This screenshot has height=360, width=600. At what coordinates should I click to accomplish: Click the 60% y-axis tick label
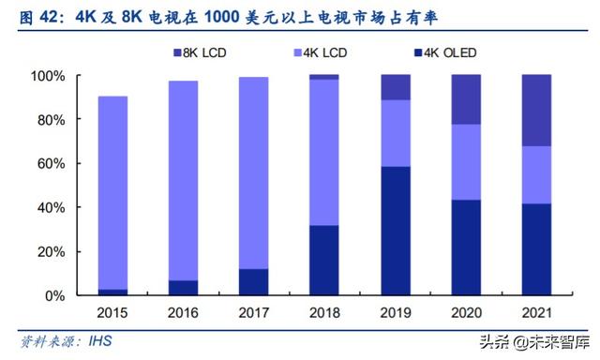pyautogui.click(x=48, y=163)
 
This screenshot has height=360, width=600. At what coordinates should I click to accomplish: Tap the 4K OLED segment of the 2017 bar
pyautogui.click(x=253, y=282)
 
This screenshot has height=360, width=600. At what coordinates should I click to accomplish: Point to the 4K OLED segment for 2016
pyautogui.click(x=183, y=288)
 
